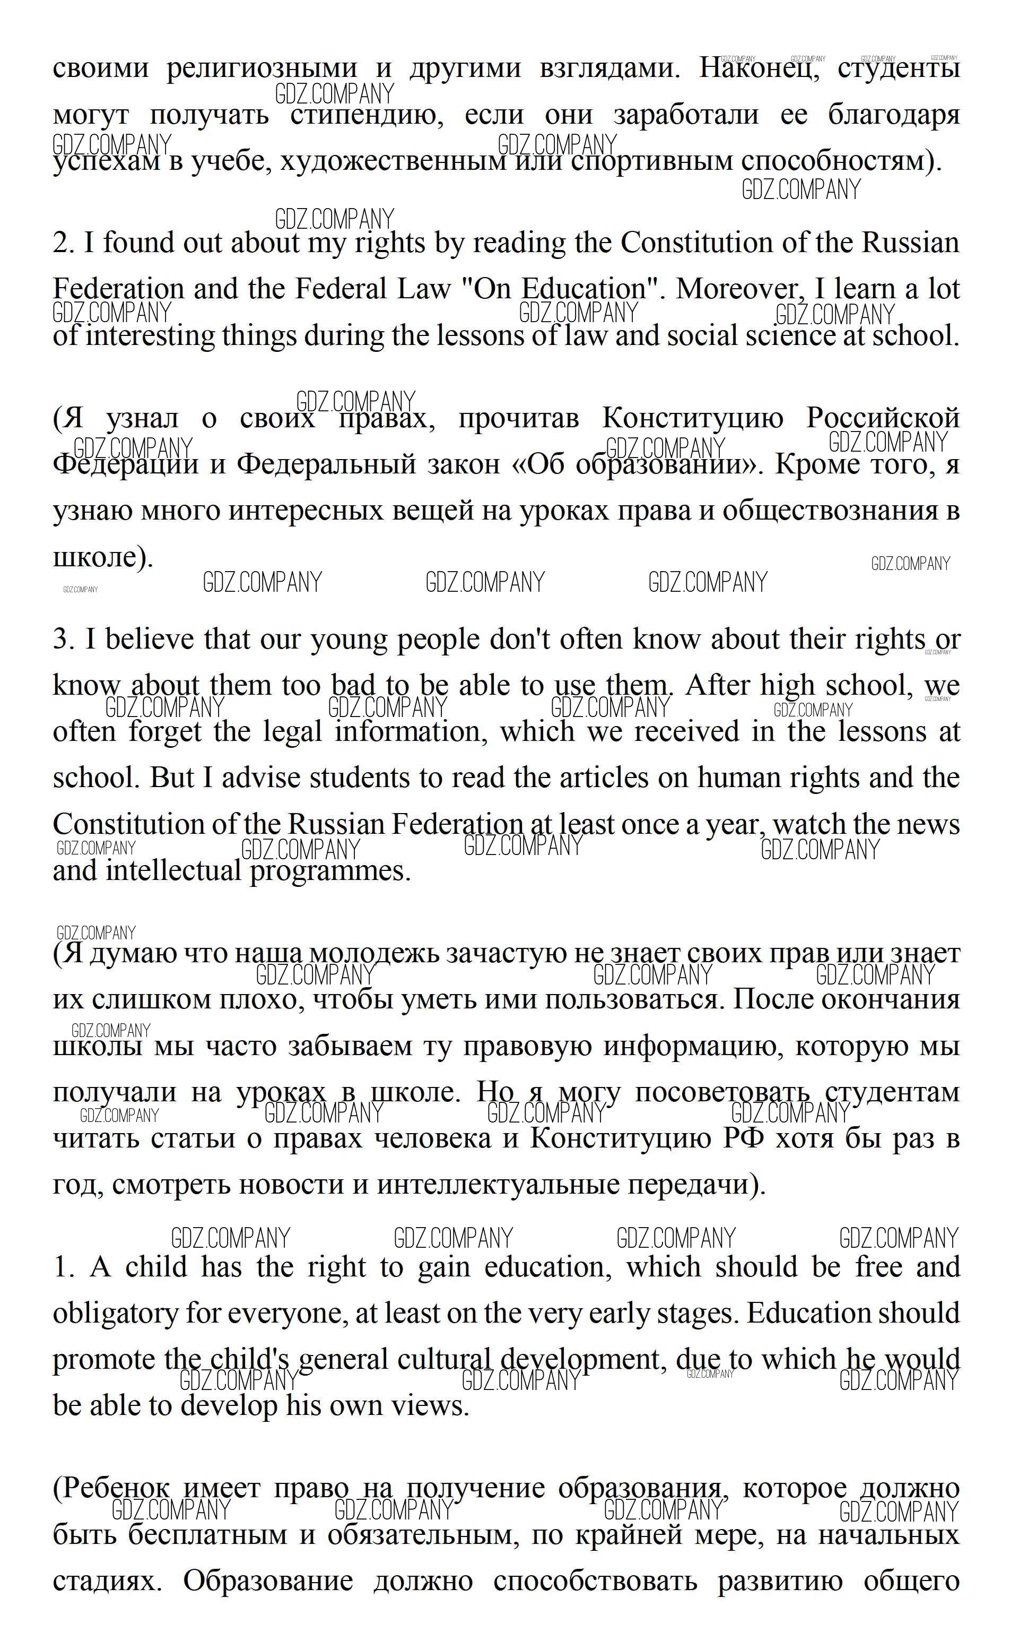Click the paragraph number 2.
click(62, 243)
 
